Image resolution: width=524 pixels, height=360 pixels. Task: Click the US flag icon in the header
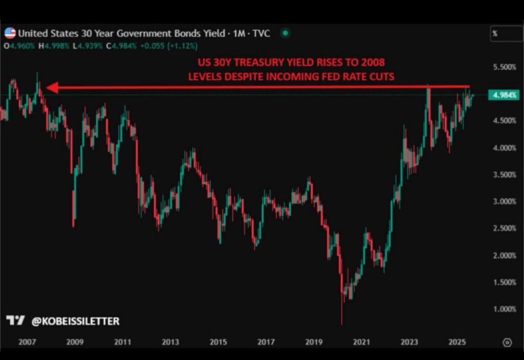pyautogui.click(x=10, y=34)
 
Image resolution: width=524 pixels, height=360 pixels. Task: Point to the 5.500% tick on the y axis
pyautogui.click(x=504, y=67)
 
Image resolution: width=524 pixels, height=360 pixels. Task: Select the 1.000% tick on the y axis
pyautogui.click(x=504, y=309)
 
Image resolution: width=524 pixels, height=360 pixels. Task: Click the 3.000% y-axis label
pyautogui.click(x=504, y=201)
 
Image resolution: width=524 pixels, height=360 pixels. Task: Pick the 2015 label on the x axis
pyautogui.click(x=219, y=342)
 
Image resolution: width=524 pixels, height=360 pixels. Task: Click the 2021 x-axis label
pyautogui.click(x=362, y=342)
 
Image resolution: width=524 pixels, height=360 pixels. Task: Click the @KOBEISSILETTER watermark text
pyautogui.click(x=75, y=321)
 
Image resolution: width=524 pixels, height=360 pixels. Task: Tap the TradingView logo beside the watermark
pyautogui.click(x=15, y=321)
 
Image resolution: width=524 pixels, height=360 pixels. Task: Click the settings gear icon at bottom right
pyautogui.click(x=507, y=342)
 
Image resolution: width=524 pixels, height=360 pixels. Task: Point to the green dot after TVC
pyautogui.click(x=286, y=34)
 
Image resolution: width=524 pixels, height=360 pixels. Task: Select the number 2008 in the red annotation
pyautogui.click(x=373, y=63)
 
